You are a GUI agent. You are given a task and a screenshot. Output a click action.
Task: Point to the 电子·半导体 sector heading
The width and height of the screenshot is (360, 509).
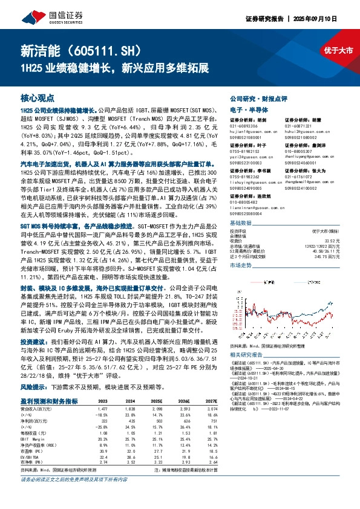(x=244, y=109)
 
